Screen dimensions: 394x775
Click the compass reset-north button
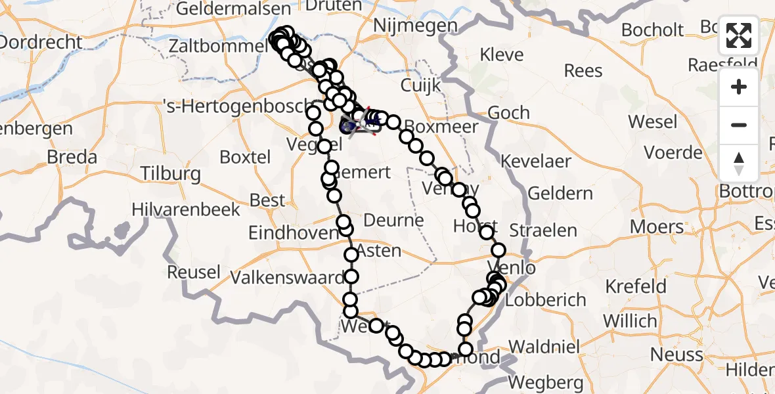(x=739, y=163)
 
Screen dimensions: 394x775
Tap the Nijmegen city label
(x=414, y=26)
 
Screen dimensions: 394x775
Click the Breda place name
(x=72, y=158)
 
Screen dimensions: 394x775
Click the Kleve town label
(x=502, y=54)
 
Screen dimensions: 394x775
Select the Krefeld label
(x=635, y=286)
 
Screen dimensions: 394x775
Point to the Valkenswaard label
(x=287, y=277)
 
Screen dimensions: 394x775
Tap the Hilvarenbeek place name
(x=186, y=209)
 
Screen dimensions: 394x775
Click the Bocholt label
(x=652, y=30)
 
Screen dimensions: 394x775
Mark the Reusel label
(x=194, y=272)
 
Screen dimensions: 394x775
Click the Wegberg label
(x=546, y=382)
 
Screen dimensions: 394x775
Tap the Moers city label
(x=657, y=227)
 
